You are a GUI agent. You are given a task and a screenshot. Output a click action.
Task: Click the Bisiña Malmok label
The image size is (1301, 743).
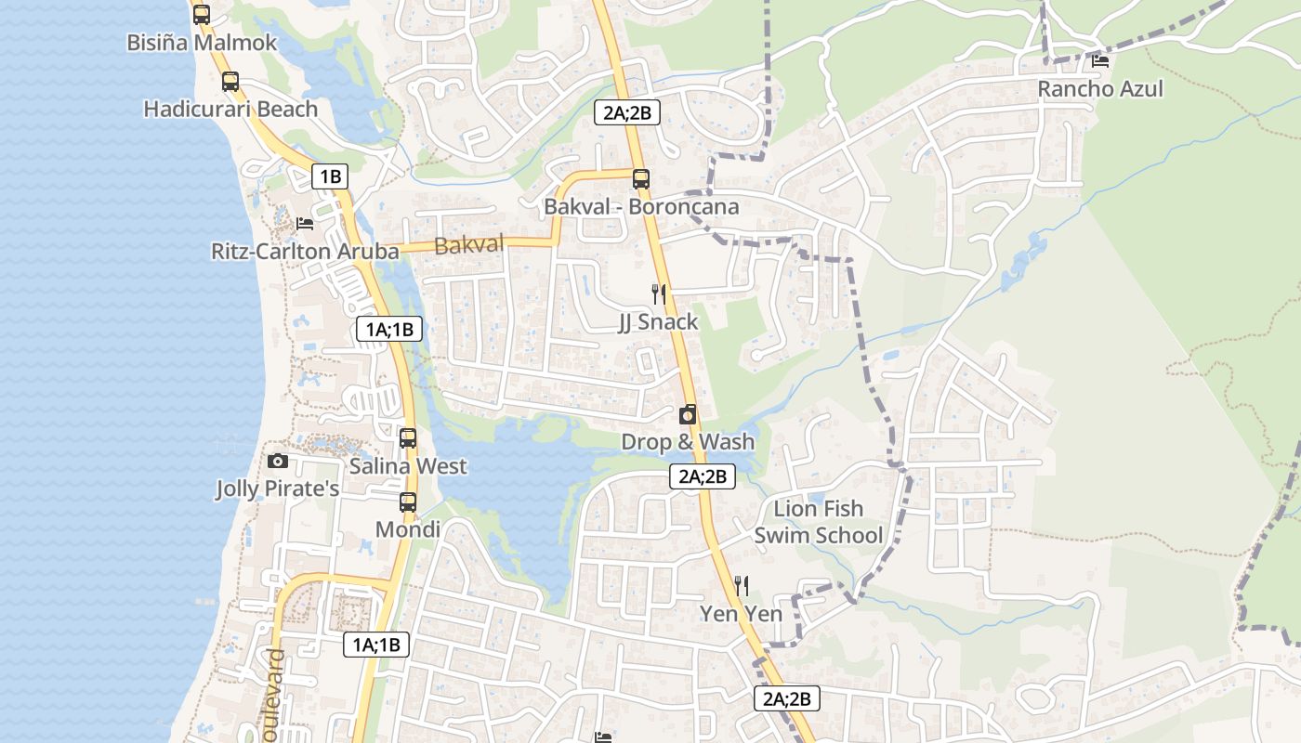pos(202,43)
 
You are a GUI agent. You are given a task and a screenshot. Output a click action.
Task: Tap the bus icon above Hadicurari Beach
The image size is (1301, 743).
pos(230,82)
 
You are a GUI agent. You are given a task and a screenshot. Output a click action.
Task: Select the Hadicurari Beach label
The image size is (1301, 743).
pos(230,110)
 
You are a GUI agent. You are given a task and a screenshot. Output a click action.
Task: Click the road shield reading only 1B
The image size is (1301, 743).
pos(329,176)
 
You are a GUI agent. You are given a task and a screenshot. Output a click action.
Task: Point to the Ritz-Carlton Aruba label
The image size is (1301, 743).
pos(305,252)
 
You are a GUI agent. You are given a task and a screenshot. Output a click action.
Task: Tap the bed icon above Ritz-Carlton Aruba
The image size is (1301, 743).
pos(304,224)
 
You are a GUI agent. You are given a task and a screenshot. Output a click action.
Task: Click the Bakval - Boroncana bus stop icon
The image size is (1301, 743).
pos(641,178)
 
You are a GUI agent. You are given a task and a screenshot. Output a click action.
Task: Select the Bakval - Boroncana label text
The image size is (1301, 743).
pos(641,207)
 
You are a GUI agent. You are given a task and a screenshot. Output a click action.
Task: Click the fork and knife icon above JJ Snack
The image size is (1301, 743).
pos(659,294)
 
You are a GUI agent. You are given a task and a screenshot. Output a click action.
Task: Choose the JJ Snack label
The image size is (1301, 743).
pos(658,322)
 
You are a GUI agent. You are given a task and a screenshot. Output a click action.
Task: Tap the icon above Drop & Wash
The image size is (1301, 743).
pos(688,414)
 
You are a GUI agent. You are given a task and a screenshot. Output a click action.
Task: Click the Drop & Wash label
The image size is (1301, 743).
pos(688,442)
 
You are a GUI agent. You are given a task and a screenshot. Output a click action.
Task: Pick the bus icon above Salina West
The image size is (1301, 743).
pos(408,438)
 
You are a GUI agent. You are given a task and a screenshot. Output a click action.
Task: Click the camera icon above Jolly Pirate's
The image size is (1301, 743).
pos(277,461)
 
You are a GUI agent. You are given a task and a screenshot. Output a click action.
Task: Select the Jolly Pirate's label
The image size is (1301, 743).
pos(277,489)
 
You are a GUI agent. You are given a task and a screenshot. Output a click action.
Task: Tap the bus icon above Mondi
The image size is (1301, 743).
pos(408,502)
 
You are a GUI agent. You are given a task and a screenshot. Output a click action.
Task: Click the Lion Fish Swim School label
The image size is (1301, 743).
pos(818,522)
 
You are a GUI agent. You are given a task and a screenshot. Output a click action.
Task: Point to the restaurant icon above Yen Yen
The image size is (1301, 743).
pos(742,585)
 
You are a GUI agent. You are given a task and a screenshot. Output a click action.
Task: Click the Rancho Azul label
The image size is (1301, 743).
pos(1100,89)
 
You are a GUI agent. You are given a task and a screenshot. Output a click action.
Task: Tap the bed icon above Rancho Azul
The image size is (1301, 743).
pos(1100,61)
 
